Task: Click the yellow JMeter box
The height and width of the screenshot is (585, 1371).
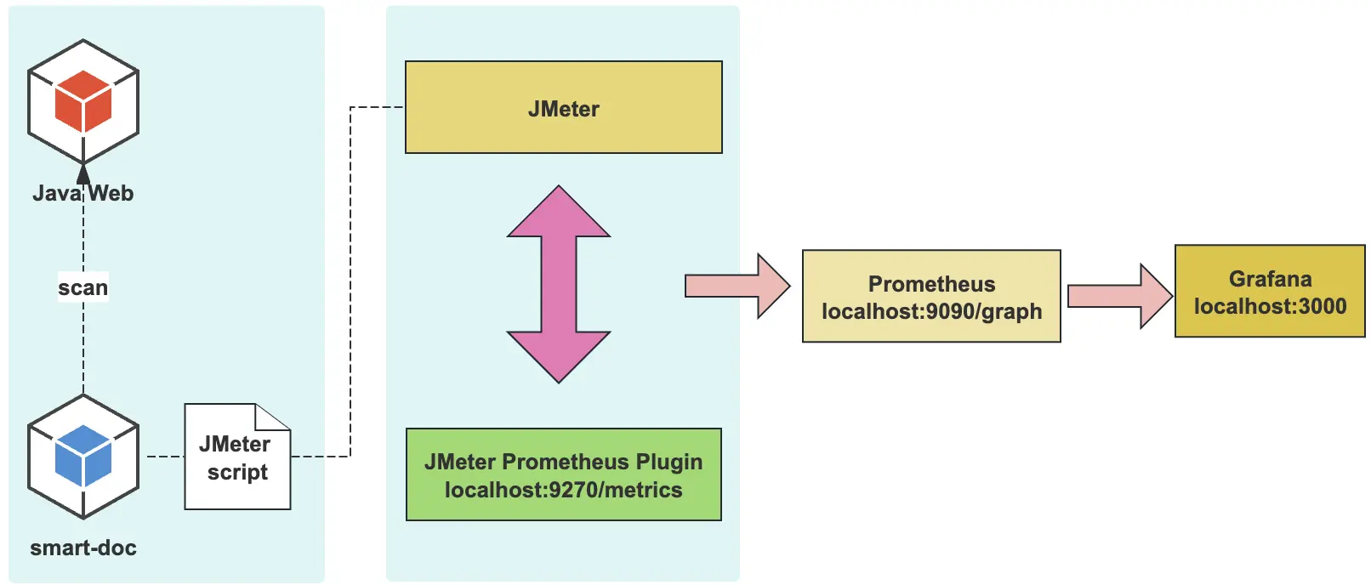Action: pos(563,107)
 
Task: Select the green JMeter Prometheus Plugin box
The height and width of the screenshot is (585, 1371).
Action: pos(563,474)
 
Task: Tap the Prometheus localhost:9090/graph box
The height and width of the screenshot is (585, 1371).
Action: pos(931,297)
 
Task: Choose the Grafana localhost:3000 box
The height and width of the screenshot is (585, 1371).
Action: pos(1270,292)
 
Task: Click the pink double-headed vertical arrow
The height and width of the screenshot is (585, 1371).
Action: pos(559,284)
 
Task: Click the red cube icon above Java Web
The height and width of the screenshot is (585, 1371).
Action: pos(83,101)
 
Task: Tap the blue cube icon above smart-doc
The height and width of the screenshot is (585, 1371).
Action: pos(83,457)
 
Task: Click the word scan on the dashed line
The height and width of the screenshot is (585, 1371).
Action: pos(83,288)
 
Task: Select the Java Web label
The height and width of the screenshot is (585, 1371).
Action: pos(83,194)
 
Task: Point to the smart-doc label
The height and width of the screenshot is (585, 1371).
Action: pos(83,548)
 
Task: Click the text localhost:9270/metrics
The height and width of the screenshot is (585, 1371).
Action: pos(563,491)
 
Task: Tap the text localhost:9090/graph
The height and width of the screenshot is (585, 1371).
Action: pos(931,312)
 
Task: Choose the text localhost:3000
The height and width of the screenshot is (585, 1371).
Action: pos(1270,307)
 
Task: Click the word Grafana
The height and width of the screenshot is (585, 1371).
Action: pos(1270,279)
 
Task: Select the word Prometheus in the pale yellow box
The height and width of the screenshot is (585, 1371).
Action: pos(931,284)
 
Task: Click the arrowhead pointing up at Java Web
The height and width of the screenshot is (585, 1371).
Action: pos(83,173)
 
